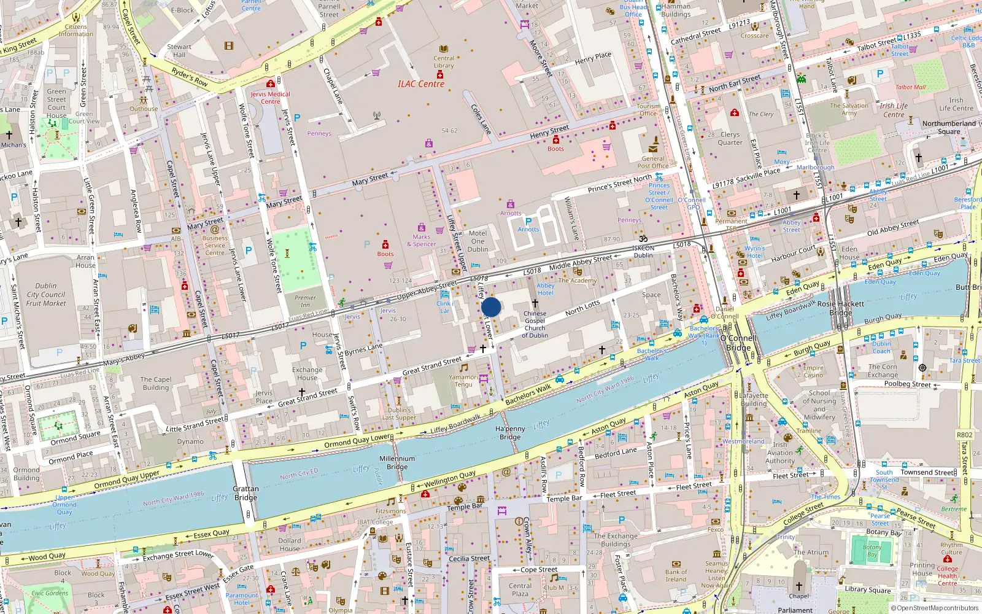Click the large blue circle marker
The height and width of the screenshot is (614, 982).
pos(491,307)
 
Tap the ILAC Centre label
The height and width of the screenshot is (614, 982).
pos(420,84)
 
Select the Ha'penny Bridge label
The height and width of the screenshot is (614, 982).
pos(510,433)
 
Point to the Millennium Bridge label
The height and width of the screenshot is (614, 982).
pos(397,462)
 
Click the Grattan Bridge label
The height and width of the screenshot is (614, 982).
pos(245,493)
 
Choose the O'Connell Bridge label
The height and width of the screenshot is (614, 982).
pos(738,343)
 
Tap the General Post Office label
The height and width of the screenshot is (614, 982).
pos(653,162)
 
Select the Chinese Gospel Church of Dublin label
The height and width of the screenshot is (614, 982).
pos(535,324)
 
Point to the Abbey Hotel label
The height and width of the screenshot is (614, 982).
pos(545,289)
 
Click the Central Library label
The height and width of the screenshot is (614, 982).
pos(444,62)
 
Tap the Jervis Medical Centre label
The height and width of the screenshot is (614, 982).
pos(270,98)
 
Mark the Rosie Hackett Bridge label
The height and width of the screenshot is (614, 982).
pos(840,308)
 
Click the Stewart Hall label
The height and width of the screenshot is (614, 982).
pos(179,50)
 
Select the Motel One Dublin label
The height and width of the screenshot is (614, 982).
pos(477,241)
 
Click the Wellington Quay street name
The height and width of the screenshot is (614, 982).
pos(450,479)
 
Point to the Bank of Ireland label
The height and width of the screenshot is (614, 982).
pos(676,575)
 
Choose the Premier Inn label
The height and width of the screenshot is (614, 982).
pos(305,301)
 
